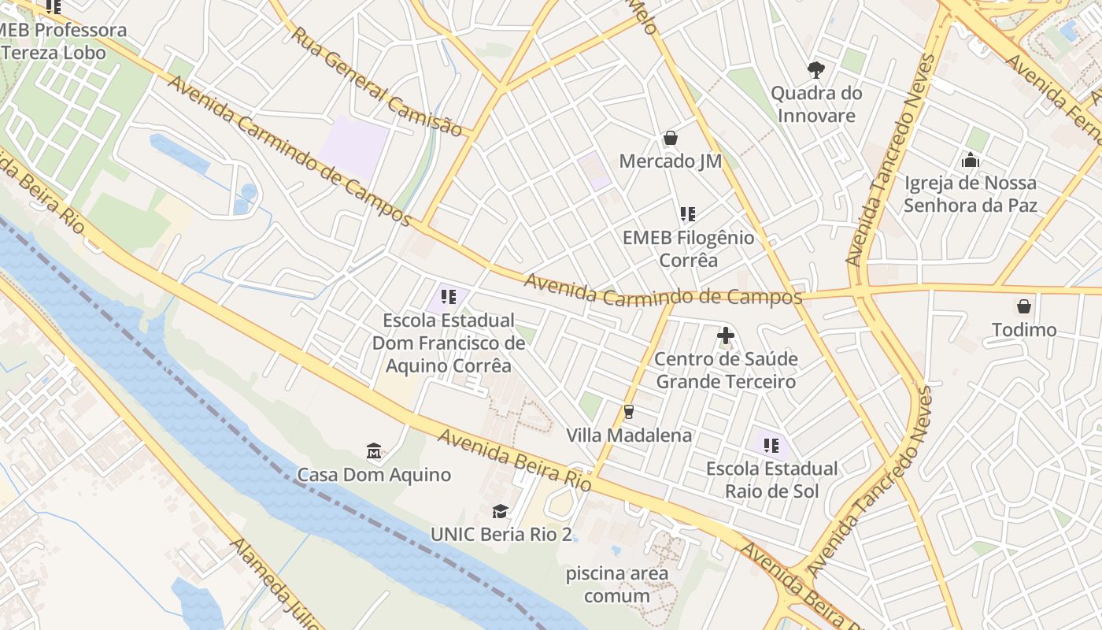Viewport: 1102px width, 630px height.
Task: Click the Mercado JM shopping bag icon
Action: (671, 139)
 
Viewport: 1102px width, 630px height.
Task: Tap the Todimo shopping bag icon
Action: (1024, 306)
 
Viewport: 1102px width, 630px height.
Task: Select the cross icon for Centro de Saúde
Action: (726, 336)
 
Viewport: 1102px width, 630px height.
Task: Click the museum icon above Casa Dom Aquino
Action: (374, 451)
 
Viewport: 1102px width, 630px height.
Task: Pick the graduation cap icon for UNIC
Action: (500, 511)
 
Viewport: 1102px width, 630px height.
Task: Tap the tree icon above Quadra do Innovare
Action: (816, 69)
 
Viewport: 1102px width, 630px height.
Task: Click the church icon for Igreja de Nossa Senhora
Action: (971, 160)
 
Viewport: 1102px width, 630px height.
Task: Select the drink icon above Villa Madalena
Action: (628, 412)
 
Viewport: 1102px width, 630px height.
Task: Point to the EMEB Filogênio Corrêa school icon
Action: (688, 214)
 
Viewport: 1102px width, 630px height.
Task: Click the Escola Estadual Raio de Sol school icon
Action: (771, 446)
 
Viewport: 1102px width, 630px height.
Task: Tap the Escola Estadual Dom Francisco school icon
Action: (449, 297)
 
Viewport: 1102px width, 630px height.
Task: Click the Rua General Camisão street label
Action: (376, 82)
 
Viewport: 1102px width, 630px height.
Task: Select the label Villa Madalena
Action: (629, 435)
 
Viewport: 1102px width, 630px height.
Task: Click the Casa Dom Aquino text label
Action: (374, 475)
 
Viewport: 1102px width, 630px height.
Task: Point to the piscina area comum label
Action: (617, 584)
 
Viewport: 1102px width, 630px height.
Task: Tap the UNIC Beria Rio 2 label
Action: (501, 534)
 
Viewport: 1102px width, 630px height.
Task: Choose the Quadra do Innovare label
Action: (816, 104)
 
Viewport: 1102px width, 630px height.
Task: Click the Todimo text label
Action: (1024, 329)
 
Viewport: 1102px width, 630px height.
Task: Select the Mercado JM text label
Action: (671, 161)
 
